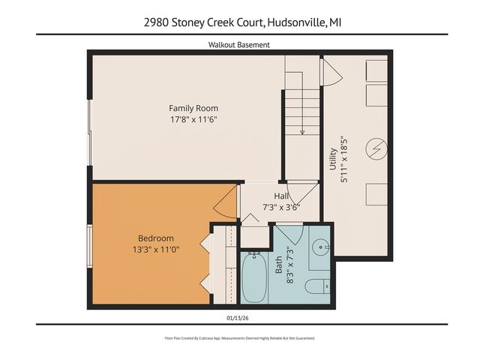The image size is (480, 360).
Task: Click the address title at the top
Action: pyautogui.click(x=239, y=22)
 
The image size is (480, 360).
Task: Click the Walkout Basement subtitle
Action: pyautogui.click(x=239, y=45)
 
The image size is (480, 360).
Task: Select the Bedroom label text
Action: pyautogui.click(x=155, y=238)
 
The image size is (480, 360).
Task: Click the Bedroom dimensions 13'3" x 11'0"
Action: pyautogui.click(x=155, y=250)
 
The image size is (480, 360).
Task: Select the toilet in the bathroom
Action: pyautogui.click(x=319, y=285)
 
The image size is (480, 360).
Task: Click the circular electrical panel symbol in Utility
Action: pyautogui.click(x=376, y=148)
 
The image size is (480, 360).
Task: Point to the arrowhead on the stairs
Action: pyautogui.click(x=301, y=132)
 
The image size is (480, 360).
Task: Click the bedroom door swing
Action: pyautogui.click(x=223, y=205)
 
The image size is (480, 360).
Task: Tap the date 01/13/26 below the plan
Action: pyautogui.click(x=239, y=317)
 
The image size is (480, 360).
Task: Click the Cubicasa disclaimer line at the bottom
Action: pyautogui.click(x=239, y=338)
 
